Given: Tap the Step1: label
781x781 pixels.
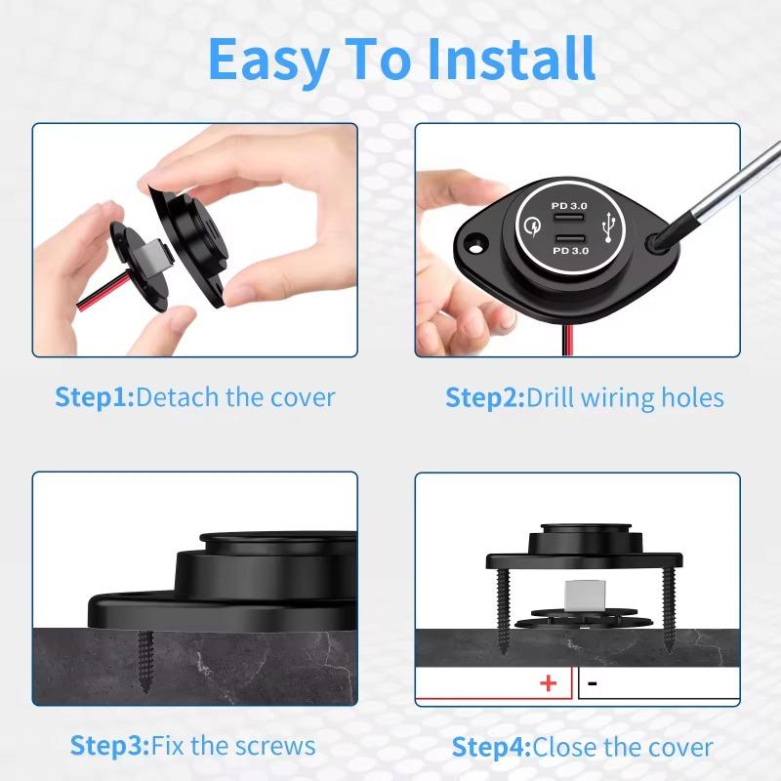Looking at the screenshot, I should (94, 397).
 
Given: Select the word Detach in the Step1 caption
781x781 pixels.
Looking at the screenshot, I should (179, 397).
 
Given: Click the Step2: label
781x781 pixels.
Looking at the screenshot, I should (485, 397).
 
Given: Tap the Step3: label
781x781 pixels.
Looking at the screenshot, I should (109, 746).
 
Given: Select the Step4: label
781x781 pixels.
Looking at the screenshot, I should (491, 748).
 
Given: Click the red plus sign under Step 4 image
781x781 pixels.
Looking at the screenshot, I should (549, 683).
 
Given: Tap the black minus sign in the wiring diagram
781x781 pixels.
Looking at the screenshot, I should (593, 683).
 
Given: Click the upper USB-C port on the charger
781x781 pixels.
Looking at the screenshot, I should (568, 219).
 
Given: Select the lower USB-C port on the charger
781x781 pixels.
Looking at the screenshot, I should (568, 240).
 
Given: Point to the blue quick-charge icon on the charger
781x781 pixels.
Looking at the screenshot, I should (532, 229).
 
